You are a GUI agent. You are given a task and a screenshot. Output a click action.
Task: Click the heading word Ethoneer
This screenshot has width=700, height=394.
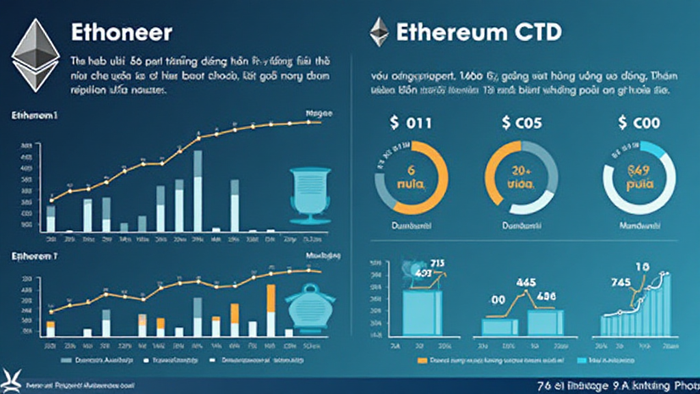pyautogui.click(x=121, y=32)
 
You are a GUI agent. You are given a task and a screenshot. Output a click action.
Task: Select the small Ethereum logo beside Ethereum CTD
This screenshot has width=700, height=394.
pyautogui.click(x=379, y=32)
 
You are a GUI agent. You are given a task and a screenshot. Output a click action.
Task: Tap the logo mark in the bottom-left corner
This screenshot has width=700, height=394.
pyautogui.click(x=12, y=381)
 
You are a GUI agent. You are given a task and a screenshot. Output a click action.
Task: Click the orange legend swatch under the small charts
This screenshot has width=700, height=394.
pyautogui.click(x=421, y=358)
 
